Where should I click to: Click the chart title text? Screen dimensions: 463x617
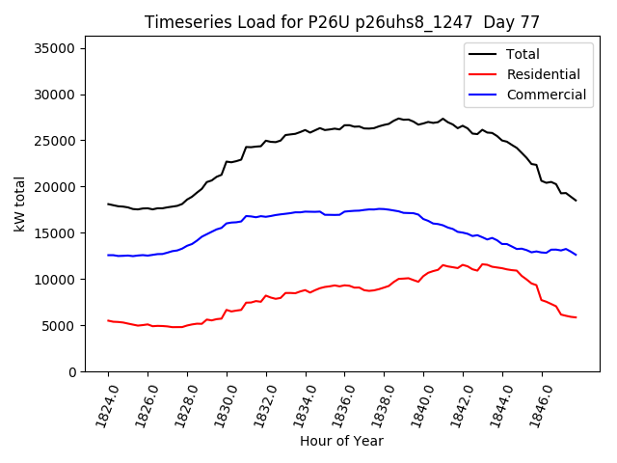pos(341,22)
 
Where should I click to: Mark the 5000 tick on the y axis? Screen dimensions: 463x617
pos(59,326)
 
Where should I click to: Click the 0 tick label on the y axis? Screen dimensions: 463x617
pos(72,372)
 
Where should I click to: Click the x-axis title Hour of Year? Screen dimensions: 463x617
pos(341,441)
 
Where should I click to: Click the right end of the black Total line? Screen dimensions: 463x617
pos(577,201)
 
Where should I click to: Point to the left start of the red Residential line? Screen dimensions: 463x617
pos(108,320)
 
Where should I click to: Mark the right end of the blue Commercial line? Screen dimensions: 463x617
pos(577,255)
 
